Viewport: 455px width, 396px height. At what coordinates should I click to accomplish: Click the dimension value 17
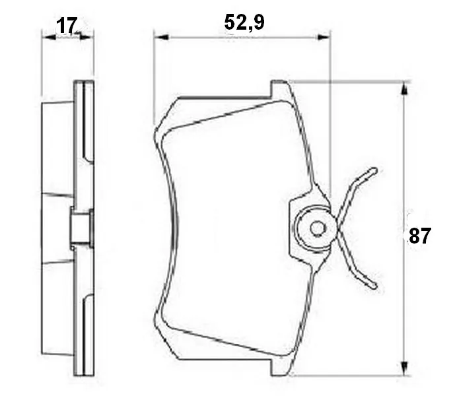coord(67,25)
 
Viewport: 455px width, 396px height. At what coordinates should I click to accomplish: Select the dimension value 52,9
coord(244,22)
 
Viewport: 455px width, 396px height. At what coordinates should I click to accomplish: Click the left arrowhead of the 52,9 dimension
coord(161,37)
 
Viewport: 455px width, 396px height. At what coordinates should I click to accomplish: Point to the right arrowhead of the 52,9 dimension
coord(324,37)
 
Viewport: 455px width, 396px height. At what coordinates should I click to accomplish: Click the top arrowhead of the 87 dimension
coord(403,88)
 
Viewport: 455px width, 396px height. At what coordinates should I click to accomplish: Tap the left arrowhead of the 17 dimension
coord(49,37)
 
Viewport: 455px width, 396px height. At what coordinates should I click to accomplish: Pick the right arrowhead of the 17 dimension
coord(87,37)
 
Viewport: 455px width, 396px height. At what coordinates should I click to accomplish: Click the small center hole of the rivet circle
coord(316,228)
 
